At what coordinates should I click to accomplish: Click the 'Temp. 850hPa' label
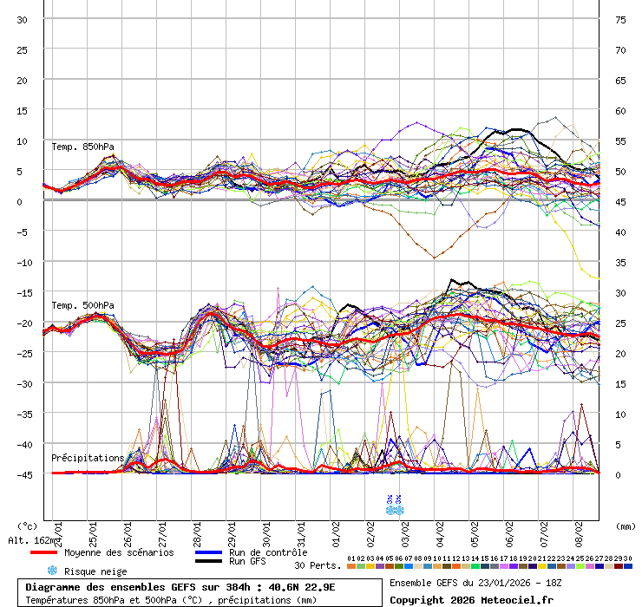pyautogui.click(x=82, y=147)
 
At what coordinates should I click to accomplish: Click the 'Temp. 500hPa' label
pyautogui.click(x=82, y=305)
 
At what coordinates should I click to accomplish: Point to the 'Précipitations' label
pyautogui.click(x=88, y=457)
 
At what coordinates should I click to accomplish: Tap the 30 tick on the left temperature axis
pyautogui.click(x=23, y=19)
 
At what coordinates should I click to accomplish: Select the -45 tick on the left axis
pyautogui.click(x=23, y=474)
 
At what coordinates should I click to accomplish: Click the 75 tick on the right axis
pyautogui.click(x=620, y=19)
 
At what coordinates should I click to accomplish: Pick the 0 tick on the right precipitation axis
pyautogui.click(x=619, y=474)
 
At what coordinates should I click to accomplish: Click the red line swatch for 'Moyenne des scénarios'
pyautogui.click(x=43, y=552)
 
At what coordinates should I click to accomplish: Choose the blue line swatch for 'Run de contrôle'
pyautogui.click(x=208, y=552)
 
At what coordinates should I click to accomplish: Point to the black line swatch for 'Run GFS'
pyautogui.click(x=208, y=562)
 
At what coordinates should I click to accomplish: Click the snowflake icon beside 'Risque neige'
pyautogui.click(x=52, y=571)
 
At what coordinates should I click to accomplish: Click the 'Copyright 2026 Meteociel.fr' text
pyautogui.click(x=471, y=599)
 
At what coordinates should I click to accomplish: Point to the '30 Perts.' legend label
pyautogui.click(x=318, y=565)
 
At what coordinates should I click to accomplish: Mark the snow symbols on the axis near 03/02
pyautogui.click(x=394, y=504)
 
